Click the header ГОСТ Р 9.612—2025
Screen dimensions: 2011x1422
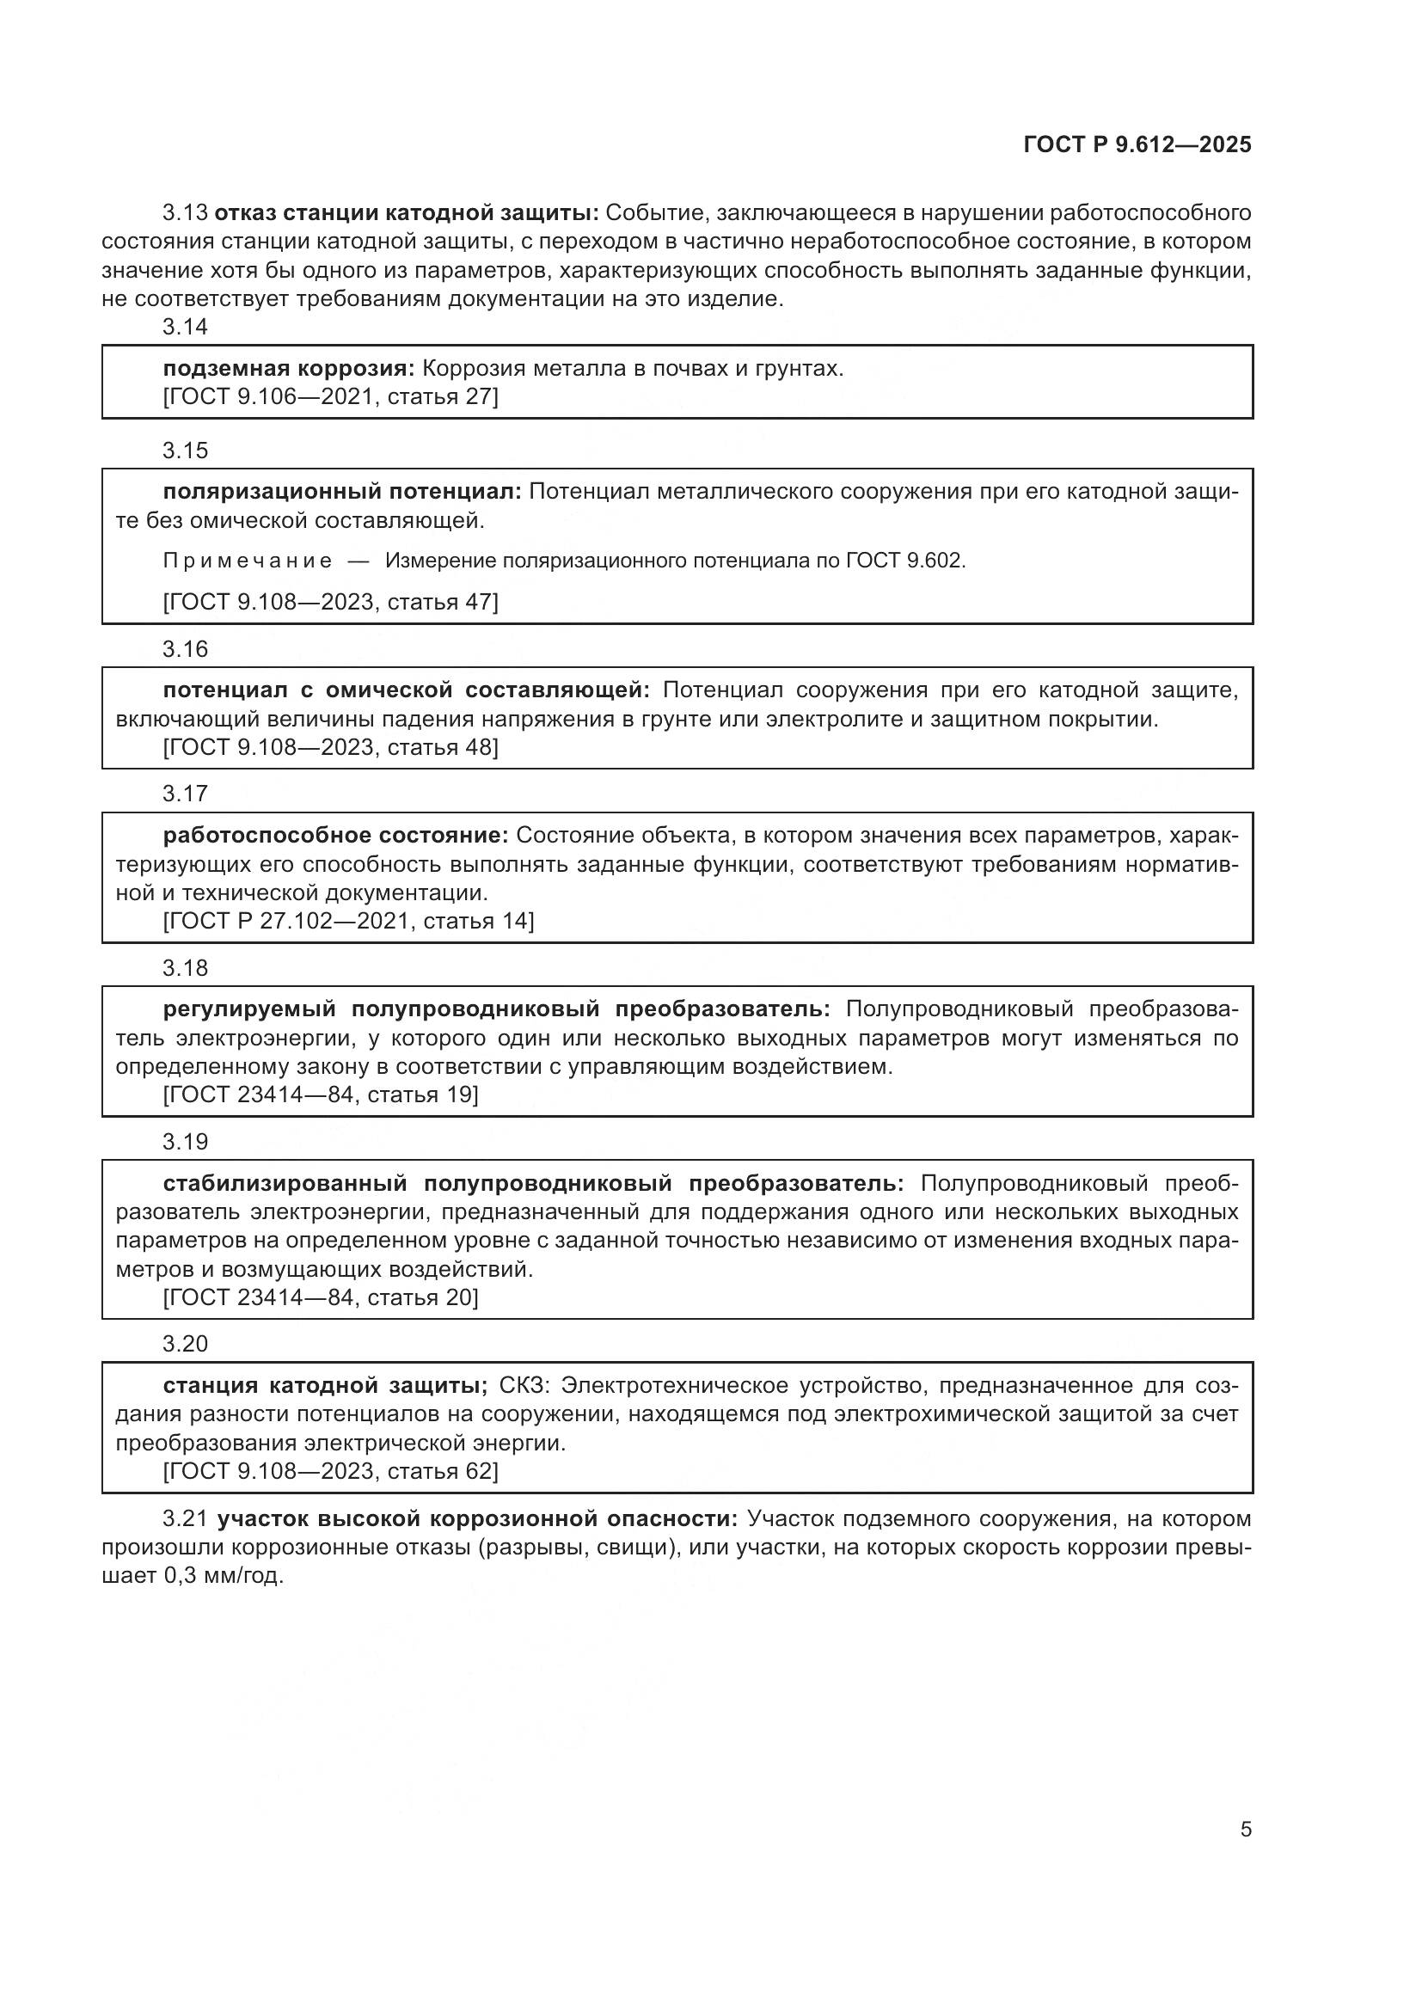pos(1137,144)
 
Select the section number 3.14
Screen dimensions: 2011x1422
pos(185,328)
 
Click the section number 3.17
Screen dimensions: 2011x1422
pos(185,794)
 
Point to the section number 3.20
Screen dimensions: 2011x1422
pos(185,1344)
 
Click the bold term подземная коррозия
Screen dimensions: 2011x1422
pos(288,369)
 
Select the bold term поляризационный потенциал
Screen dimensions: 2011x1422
pos(341,493)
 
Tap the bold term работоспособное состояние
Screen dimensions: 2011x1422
pos(335,836)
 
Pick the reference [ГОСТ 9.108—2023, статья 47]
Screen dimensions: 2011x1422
pos(330,603)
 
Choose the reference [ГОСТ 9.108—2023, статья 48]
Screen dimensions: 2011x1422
pos(330,748)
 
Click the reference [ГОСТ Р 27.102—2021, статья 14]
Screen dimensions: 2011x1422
pos(347,922)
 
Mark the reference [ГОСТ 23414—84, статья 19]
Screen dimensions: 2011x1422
pos(321,1094)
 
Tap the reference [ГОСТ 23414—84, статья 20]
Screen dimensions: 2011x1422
pos(321,1298)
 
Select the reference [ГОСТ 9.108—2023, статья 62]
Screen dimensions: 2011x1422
pos(330,1471)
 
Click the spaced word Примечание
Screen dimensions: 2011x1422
pos(248,561)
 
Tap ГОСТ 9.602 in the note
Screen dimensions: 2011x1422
pos(904,561)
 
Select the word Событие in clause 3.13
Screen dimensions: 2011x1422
pos(657,213)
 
